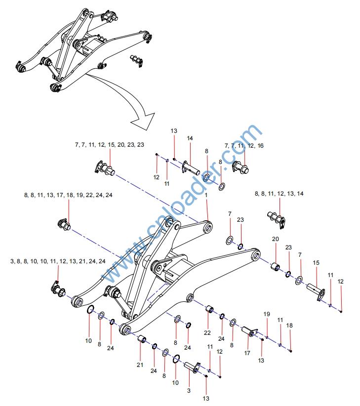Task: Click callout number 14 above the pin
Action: coord(190,139)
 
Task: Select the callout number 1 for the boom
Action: coord(206,196)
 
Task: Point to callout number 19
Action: coord(267,314)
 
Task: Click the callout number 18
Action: coord(289,325)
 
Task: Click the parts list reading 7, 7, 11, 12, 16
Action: coord(244,146)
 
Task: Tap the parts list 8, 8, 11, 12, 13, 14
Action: coord(279,194)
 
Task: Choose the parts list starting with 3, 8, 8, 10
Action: coord(58,260)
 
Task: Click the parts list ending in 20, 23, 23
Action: coord(110,145)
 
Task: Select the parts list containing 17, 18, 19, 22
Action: coord(68,195)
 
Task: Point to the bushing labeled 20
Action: coord(276,268)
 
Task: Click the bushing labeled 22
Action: coord(209,310)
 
